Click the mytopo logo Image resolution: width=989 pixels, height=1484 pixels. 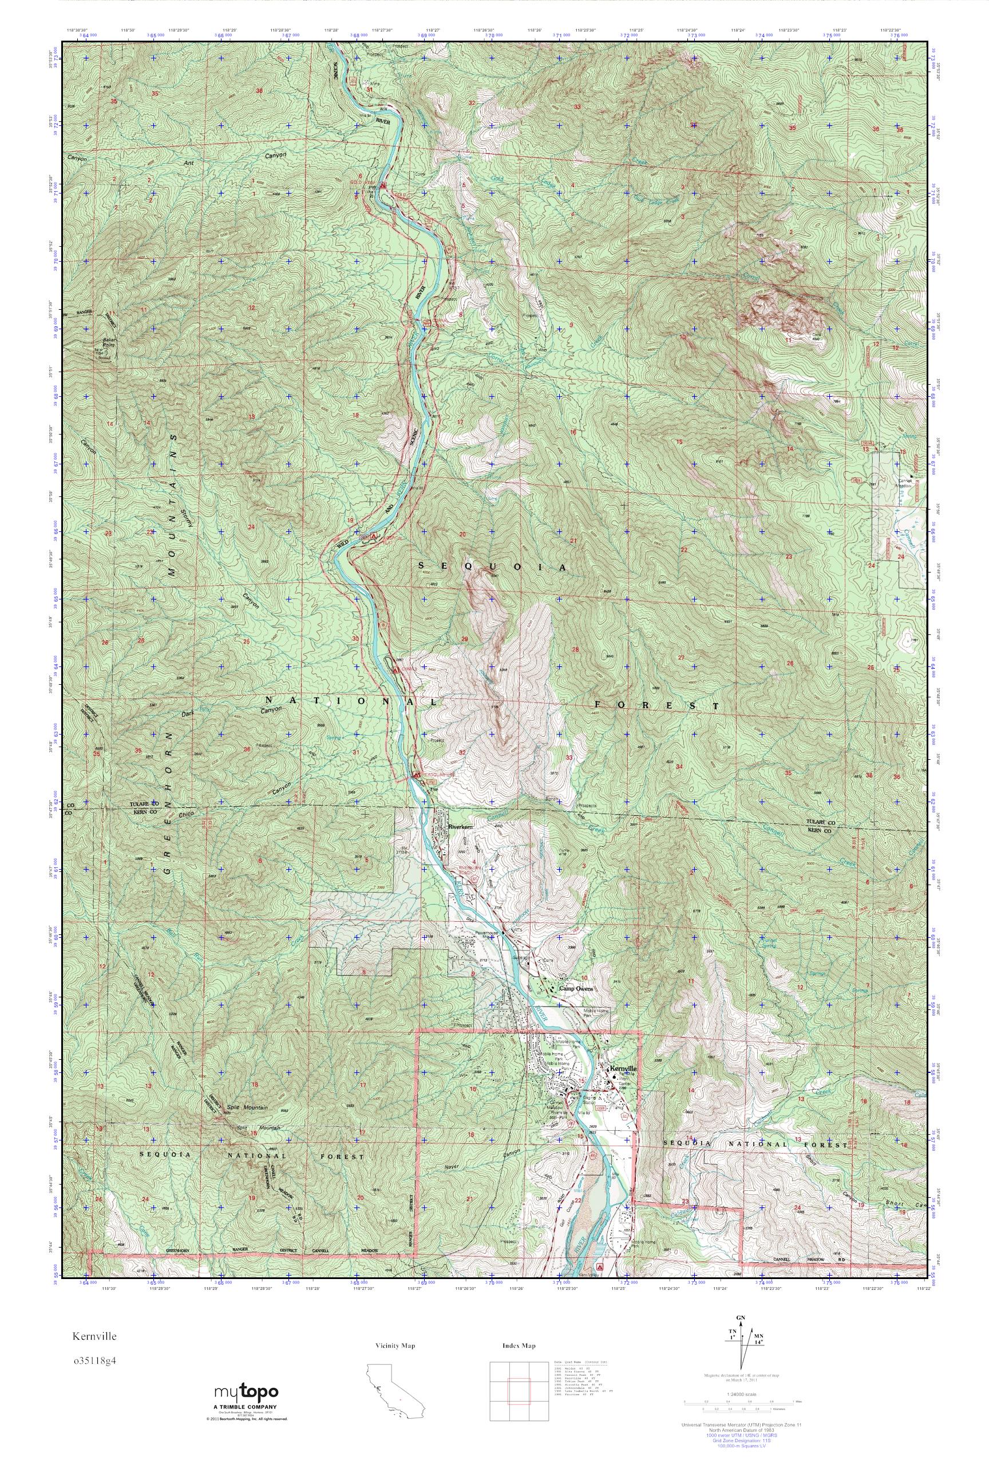click(246, 1406)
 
